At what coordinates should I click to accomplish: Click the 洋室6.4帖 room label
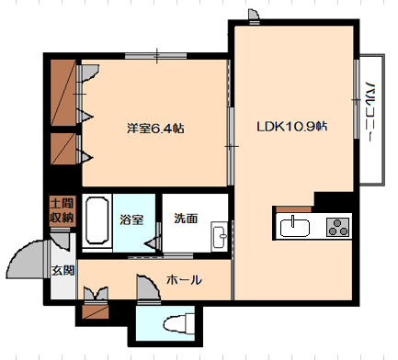pos(155,129)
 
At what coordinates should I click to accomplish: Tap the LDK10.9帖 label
pos(292,127)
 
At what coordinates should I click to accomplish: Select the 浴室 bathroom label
pos(131,219)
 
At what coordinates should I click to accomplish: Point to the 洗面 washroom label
pos(186,219)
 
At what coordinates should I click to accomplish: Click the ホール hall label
pos(184,280)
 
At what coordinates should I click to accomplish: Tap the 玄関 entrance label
pos(63,271)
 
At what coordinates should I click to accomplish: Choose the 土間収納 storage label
pos(63,210)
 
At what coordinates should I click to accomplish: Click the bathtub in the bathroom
pos(97,220)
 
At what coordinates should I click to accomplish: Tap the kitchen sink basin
pos(294,227)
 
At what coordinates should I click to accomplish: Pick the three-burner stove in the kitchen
pos(337,227)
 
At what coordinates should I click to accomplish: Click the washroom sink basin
pos(219,236)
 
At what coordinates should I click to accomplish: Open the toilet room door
pos(148,287)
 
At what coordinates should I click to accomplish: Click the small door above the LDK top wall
pos(254,15)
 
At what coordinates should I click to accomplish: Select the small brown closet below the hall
pos(96,311)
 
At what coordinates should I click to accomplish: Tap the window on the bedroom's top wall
pos(155,56)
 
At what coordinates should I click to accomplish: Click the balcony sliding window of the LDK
pos(357,98)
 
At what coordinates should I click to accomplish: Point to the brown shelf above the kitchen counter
pos(293,209)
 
